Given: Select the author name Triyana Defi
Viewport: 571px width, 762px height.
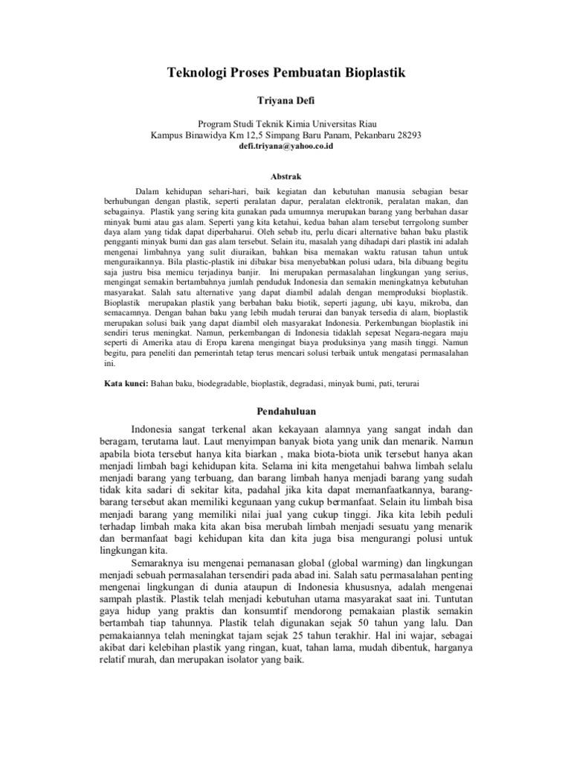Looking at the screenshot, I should [285, 99].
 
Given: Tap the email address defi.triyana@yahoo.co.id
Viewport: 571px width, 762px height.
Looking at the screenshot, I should [285, 147].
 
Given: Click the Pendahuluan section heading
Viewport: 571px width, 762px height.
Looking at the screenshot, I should [285, 411].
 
